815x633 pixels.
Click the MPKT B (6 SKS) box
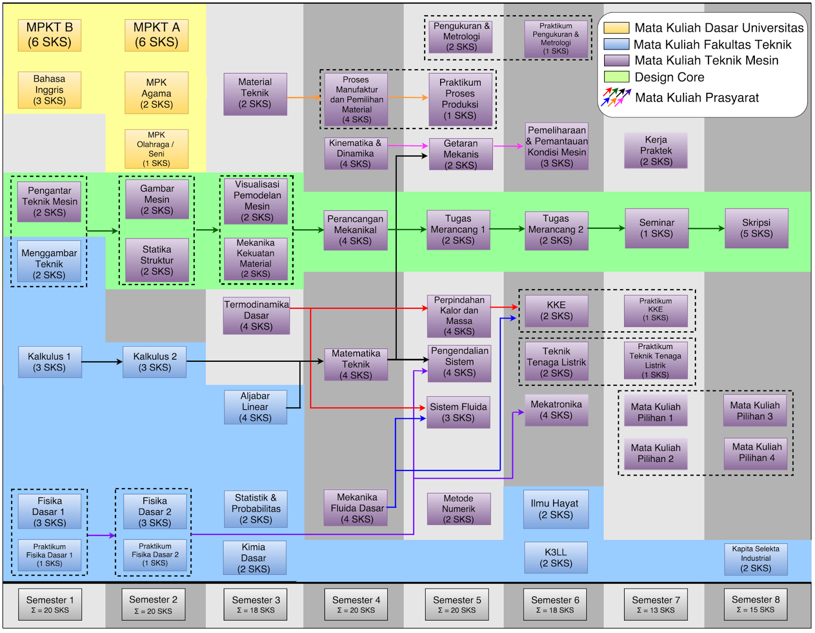(49, 35)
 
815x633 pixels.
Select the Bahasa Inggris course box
(49, 90)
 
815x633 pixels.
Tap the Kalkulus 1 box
(49, 362)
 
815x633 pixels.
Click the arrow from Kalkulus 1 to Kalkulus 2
(102, 362)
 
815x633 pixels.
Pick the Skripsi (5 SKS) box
(756, 228)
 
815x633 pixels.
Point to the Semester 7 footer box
(656, 604)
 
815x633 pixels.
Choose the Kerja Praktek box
(656, 150)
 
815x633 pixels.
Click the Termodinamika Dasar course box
(256, 316)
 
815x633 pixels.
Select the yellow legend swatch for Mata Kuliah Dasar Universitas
(616, 28)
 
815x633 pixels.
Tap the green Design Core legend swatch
(616, 77)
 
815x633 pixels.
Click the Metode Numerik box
(458, 509)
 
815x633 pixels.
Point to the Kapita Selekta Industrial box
(756, 559)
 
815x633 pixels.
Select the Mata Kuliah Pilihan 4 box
(756, 453)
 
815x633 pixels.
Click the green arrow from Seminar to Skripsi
(707, 228)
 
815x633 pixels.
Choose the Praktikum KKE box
(656, 310)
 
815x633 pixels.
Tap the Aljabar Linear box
(255, 407)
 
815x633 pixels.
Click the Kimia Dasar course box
(254, 558)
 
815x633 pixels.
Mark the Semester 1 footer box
(50, 604)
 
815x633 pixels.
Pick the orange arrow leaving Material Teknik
(304, 97)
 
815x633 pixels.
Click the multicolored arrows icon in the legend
(616, 97)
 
